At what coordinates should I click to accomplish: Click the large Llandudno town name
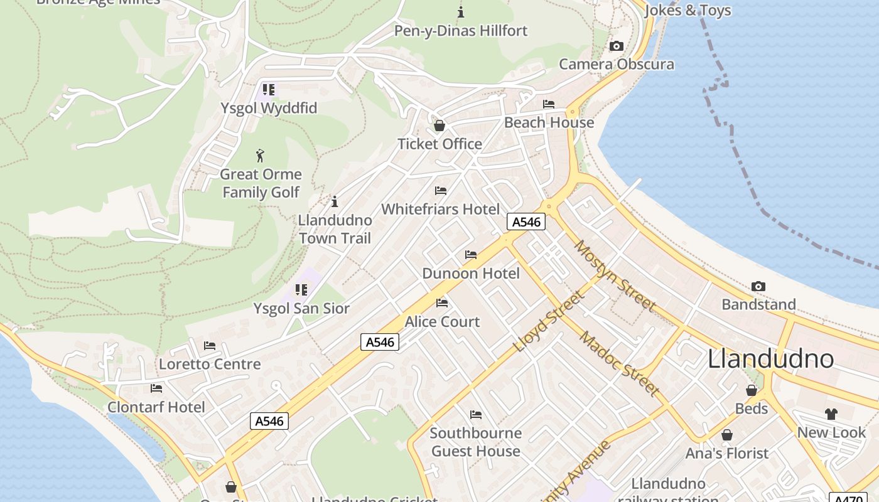click(x=770, y=359)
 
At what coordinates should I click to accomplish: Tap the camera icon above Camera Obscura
click(x=617, y=46)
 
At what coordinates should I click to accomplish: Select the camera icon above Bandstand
click(x=758, y=287)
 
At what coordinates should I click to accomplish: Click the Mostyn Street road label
click(x=615, y=275)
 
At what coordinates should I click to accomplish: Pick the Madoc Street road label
click(x=619, y=364)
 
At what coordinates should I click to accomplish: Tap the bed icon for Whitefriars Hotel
click(x=441, y=191)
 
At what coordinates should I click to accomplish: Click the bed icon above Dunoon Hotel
click(x=471, y=255)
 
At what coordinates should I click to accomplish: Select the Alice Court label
click(x=442, y=322)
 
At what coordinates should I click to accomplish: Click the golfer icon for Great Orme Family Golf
click(x=261, y=156)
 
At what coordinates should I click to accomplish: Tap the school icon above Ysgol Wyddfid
click(x=269, y=90)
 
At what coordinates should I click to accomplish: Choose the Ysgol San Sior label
click(x=301, y=309)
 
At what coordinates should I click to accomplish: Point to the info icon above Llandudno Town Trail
click(x=335, y=201)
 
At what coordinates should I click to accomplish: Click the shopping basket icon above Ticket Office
click(x=439, y=125)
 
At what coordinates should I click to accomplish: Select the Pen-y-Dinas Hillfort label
click(x=461, y=31)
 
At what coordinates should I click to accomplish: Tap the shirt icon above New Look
click(x=831, y=414)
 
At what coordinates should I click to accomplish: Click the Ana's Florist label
click(x=726, y=453)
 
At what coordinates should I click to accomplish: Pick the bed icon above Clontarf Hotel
click(x=156, y=388)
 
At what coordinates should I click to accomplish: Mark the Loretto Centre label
click(x=210, y=364)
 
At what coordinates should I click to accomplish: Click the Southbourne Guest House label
click(x=476, y=442)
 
